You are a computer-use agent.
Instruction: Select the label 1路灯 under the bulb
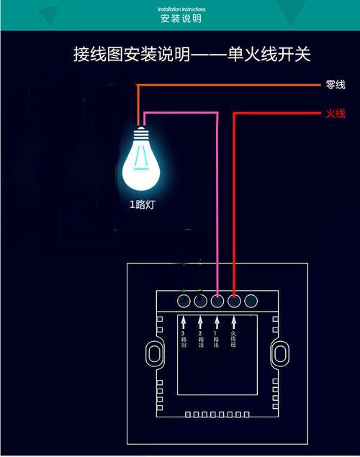coord(142,204)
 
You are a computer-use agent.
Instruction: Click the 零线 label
coord(336,85)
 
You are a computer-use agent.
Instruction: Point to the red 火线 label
coord(336,113)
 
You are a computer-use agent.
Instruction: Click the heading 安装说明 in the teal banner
coord(181,18)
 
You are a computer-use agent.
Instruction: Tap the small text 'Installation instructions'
coord(181,9)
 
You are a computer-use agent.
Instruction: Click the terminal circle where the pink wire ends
coord(217,301)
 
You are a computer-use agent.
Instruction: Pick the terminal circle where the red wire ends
coord(234,301)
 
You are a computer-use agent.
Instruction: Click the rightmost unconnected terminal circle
coord(251,301)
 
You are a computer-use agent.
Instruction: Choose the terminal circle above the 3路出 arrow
coord(184,301)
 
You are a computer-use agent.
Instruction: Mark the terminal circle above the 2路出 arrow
coord(201,301)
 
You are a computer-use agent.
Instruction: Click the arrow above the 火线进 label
coord(234,322)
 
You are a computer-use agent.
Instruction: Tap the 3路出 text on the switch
coord(184,340)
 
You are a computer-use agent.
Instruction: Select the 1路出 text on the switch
coord(217,340)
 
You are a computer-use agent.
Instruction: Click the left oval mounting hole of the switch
coord(153,353)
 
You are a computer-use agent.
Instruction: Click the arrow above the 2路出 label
coord(200,322)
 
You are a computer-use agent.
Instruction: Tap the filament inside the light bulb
coord(143,167)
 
